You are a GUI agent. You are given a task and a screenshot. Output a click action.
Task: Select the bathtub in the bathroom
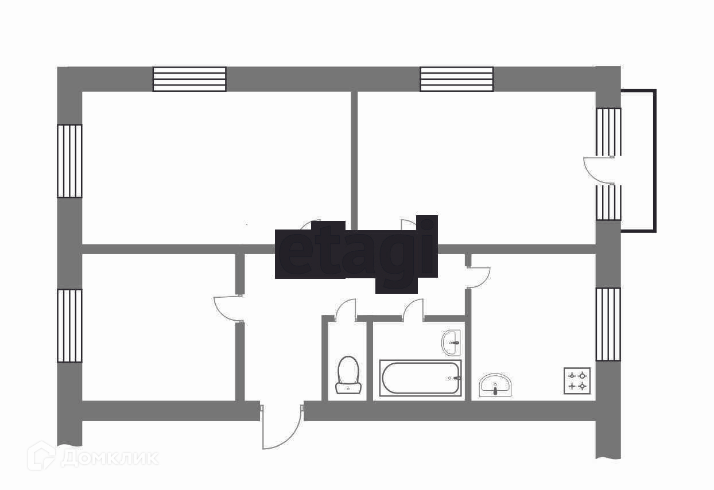(x=420, y=378)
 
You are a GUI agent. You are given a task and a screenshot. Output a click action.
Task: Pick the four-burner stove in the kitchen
(x=577, y=381)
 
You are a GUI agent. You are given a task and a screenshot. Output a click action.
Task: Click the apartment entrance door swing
(x=282, y=427)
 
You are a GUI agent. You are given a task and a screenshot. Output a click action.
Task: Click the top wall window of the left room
(x=189, y=79)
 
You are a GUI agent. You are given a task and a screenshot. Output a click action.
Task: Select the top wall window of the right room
(x=456, y=79)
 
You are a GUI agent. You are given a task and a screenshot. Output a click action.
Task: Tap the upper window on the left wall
(x=69, y=161)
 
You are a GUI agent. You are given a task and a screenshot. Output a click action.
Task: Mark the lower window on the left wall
(x=69, y=325)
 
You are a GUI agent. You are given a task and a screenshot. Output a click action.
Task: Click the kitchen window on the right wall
(x=608, y=324)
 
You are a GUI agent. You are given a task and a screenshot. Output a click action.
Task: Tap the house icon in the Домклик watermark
(x=41, y=456)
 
